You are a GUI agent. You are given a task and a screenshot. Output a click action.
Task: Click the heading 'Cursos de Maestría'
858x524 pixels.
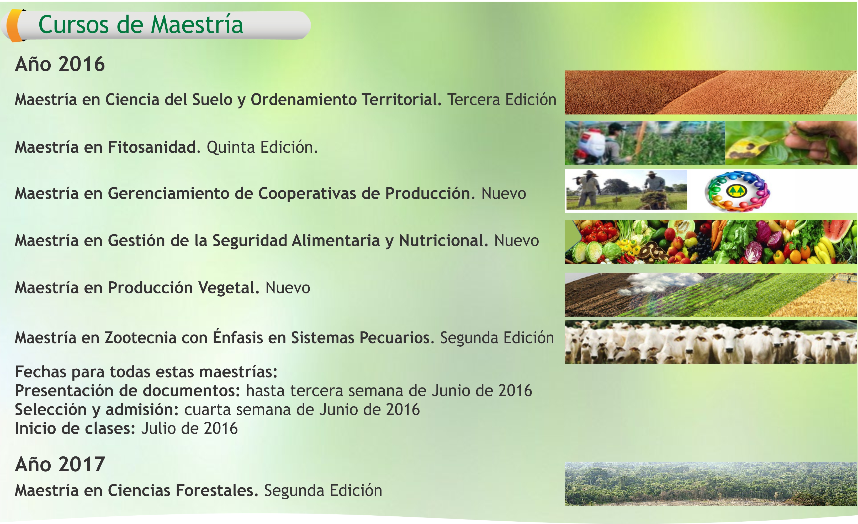click(141, 25)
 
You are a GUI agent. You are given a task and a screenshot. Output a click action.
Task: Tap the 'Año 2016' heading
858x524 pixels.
click(60, 64)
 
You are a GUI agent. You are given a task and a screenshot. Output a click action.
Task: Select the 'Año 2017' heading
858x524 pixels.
click(60, 464)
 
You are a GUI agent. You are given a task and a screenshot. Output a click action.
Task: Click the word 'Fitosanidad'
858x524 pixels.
click(152, 147)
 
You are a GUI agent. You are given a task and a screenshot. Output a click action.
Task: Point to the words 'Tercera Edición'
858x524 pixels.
click(502, 100)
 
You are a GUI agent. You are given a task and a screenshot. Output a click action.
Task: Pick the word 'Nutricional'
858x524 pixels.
click(442, 240)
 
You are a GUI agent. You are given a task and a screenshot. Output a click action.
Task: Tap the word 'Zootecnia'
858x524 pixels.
click(141, 338)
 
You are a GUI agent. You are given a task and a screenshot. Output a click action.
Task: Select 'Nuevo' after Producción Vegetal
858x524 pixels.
click(288, 288)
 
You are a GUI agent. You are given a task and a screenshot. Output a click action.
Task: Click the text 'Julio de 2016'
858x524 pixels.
click(189, 428)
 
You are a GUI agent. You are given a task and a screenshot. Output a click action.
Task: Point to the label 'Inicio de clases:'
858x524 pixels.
click(75, 428)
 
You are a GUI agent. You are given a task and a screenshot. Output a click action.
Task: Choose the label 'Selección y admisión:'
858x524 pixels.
click(97, 410)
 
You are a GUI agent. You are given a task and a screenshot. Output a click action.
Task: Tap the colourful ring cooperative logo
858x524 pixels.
click(737, 191)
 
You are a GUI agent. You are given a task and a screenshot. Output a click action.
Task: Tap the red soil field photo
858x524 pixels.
click(711, 92)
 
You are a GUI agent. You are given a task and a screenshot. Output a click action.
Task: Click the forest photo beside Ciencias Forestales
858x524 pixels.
click(711, 484)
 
